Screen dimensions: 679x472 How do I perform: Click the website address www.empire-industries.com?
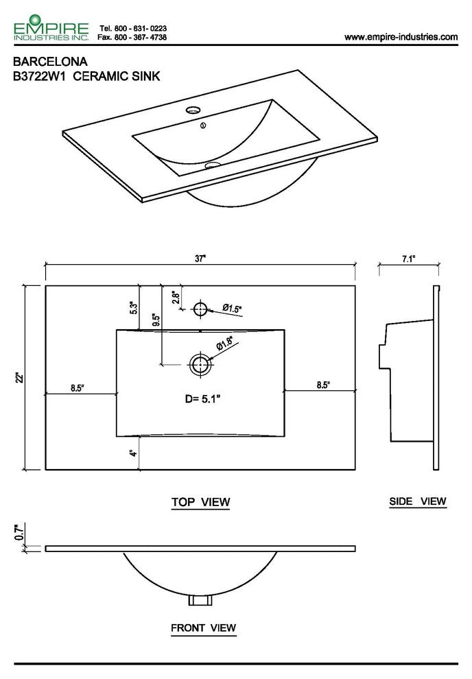click(x=401, y=36)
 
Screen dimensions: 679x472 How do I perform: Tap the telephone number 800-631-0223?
click(x=142, y=27)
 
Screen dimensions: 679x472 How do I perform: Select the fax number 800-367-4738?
click(x=142, y=37)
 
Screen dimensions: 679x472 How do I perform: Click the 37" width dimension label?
click(x=200, y=259)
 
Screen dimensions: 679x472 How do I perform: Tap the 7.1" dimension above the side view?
click(x=408, y=259)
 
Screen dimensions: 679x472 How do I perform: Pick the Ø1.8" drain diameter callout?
click(x=226, y=345)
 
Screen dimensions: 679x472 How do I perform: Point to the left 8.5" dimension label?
click(x=77, y=388)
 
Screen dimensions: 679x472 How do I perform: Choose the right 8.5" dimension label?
click(x=323, y=385)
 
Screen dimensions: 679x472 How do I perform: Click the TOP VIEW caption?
click(x=200, y=503)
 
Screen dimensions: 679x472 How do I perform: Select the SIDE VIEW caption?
click(x=418, y=501)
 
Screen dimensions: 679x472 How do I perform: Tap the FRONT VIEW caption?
click(x=203, y=628)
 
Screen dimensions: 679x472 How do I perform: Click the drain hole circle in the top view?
click(x=200, y=364)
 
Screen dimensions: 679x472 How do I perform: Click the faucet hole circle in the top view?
click(x=200, y=309)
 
